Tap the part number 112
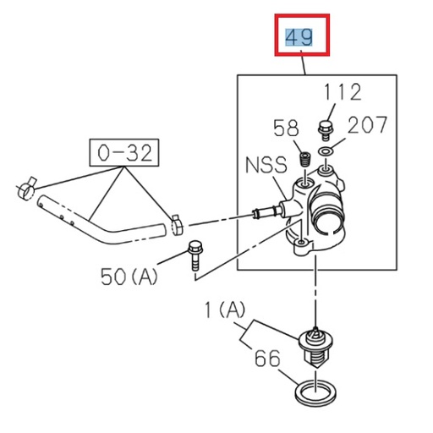pos(342,92)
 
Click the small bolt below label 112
pos(324,129)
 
